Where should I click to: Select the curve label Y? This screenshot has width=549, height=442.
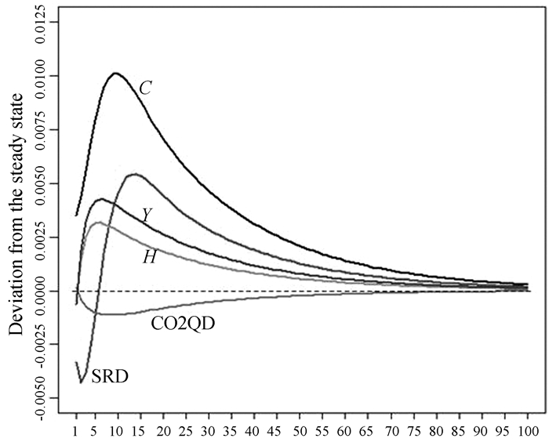147,214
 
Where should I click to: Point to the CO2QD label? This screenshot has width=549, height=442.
183,321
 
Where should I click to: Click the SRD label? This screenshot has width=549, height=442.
110,376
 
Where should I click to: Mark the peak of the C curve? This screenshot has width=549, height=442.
115,74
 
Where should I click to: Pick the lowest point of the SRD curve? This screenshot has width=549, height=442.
82,382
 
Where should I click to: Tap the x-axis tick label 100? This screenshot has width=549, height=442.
527,430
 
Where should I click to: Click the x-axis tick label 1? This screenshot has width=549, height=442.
76,430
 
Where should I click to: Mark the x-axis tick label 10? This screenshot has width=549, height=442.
117,430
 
